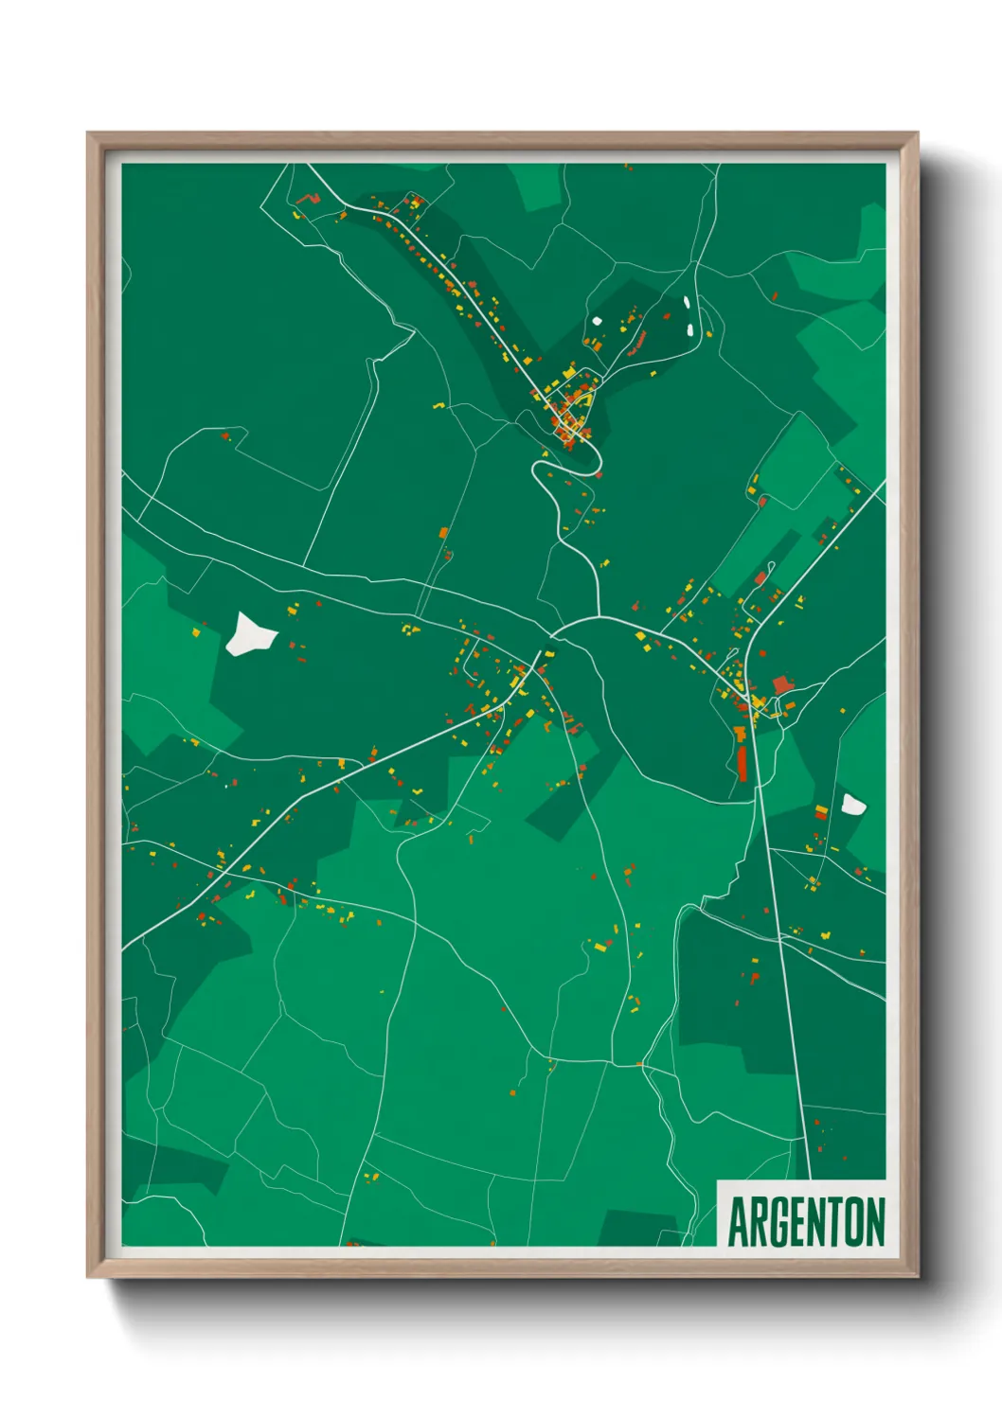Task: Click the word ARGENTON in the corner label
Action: click(806, 1221)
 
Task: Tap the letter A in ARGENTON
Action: click(738, 1222)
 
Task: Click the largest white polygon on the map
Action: click(249, 634)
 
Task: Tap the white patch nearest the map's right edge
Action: click(852, 806)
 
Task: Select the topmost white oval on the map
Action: click(686, 304)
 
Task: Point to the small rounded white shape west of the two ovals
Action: click(598, 320)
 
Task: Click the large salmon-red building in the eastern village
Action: click(782, 684)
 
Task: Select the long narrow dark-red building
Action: click(743, 763)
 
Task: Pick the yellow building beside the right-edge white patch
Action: click(821, 811)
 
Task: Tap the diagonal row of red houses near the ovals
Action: click(637, 342)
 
